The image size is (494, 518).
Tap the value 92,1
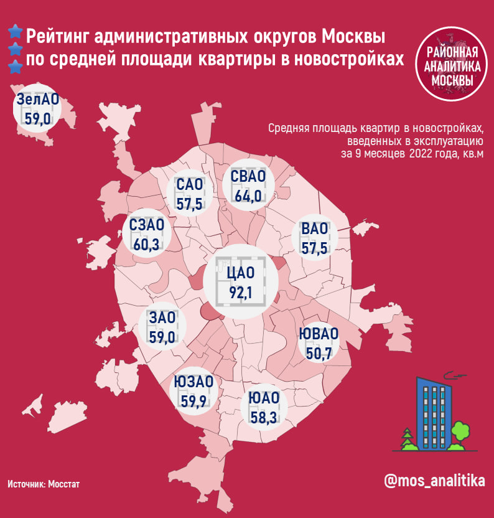tap(241, 292)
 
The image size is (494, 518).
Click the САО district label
tap(190, 185)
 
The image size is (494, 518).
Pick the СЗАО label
tap(147, 225)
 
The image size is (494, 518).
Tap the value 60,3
tap(147, 243)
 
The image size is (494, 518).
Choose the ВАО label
tap(314, 230)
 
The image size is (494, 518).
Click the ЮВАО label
tap(319, 334)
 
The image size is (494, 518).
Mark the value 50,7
tap(319, 353)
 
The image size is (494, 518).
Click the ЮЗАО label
tap(193, 382)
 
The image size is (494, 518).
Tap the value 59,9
tap(193, 400)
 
